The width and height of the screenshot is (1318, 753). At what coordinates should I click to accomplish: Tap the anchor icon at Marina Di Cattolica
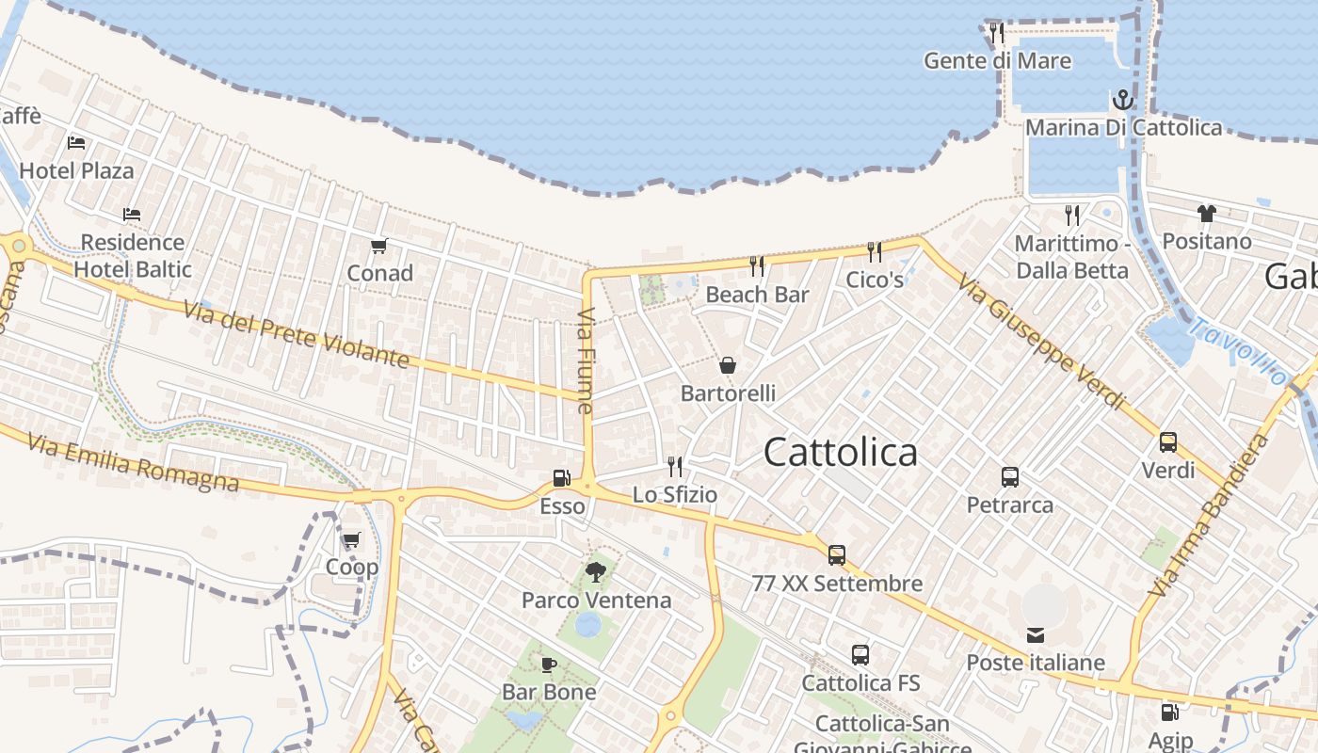point(1123,100)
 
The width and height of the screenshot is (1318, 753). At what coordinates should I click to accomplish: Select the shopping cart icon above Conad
point(379,247)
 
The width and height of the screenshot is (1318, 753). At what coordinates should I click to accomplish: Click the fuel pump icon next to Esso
point(562,478)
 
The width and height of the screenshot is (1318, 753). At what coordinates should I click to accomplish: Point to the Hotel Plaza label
point(76,170)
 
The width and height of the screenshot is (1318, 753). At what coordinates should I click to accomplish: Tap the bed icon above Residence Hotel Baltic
point(132,215)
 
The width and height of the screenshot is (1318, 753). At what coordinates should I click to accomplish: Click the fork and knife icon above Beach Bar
point(757,266)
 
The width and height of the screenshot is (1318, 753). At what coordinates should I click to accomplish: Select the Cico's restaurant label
point(875,280)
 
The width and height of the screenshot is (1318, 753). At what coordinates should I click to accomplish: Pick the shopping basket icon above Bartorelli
point(728,365)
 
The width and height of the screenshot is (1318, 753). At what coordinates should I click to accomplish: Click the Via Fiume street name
point(586,360)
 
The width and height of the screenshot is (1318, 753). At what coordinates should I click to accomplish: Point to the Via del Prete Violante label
point(296,335)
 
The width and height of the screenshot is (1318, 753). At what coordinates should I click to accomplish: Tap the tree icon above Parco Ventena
point(596,571)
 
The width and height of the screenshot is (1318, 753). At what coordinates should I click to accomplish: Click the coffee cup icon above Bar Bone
point(549,665)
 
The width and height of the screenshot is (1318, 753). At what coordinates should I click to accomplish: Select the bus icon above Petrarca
point(1010,477)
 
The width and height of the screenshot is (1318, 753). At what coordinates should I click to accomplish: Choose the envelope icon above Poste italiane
point(1036,634)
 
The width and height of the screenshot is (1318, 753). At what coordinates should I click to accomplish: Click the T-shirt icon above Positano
point(1207,214)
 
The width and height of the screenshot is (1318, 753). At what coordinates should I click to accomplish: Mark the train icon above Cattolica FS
point(860,655)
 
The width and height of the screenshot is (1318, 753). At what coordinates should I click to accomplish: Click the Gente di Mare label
point(997,61)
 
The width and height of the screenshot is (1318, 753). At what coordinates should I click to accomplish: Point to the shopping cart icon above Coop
point(351,540)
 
